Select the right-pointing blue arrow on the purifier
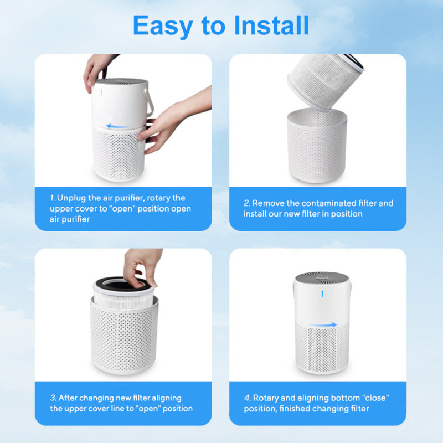pos(323,326)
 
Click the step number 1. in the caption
pos(53,198)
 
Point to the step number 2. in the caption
pos(247,203)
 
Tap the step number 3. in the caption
pos(53,398)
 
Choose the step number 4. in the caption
pos(248,398)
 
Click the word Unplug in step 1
pos(71,198)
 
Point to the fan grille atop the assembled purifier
pos(321,277)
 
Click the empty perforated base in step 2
pos(317,147)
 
